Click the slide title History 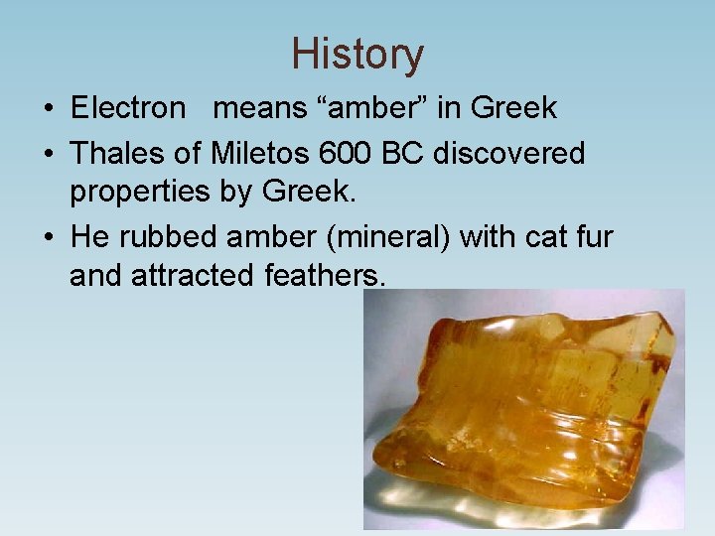[x=357, y=55]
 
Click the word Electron [x=128, y=107]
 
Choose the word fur [x=594, y=238]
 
